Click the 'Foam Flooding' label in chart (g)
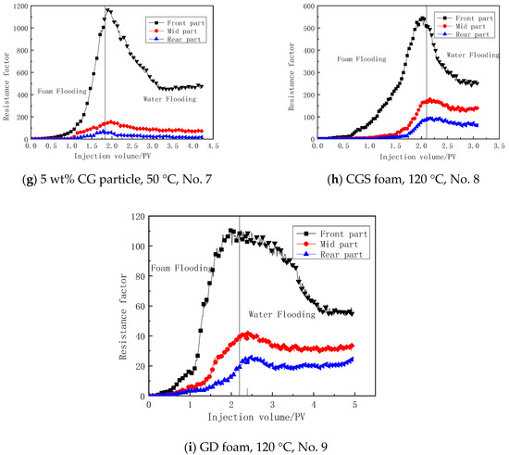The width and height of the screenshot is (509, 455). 62,91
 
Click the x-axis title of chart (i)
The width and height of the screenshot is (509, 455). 253,416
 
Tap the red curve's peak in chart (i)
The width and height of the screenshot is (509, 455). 245,333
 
